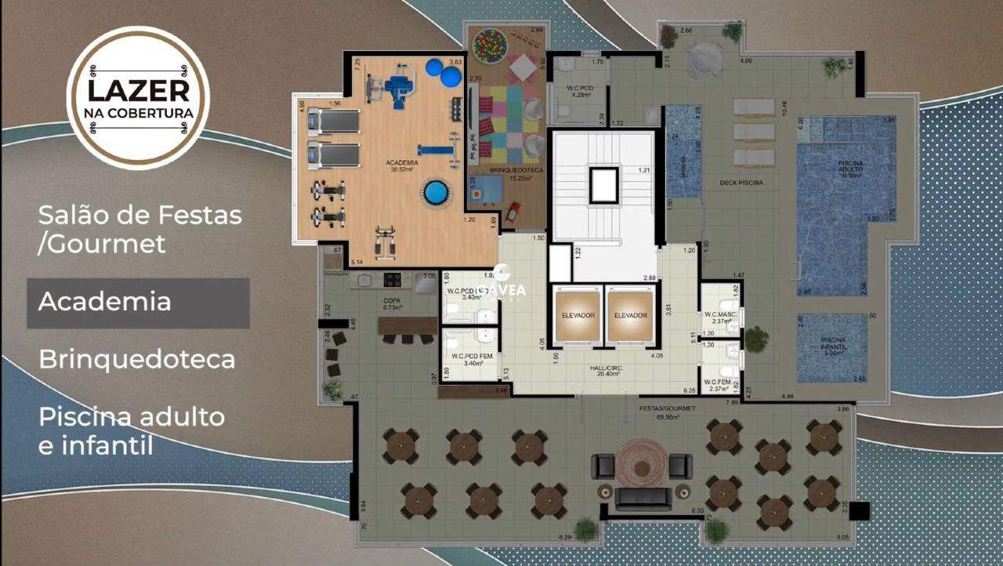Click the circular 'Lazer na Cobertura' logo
coord(138,97)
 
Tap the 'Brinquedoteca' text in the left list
coord(137,359)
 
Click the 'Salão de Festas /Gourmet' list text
coord(139,228)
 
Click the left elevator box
coord(578,316)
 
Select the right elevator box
coord(630,316)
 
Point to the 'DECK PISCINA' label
coord(740,183)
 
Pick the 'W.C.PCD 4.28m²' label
coord(580,92)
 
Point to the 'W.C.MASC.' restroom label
coord(719,316)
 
